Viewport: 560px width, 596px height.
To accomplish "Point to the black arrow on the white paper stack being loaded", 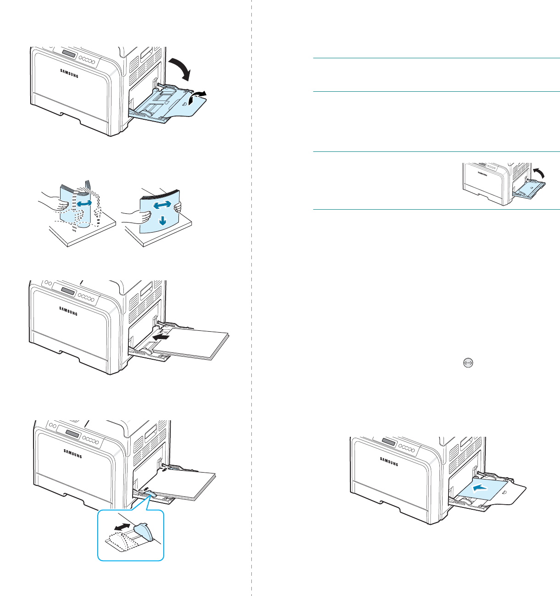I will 161,338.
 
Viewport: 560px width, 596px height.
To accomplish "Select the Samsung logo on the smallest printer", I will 482,173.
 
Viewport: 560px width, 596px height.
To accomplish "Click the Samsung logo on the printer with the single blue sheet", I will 389,461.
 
